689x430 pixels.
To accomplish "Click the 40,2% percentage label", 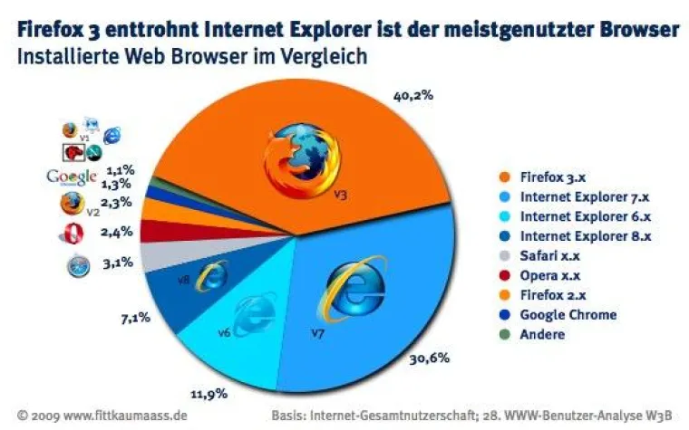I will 413,93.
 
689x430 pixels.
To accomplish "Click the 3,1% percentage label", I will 119,263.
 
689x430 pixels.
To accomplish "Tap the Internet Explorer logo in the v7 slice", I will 354,290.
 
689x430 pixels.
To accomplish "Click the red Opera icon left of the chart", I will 71,234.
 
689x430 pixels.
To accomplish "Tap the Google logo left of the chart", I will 72,176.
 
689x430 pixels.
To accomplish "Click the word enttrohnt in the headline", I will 159,30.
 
